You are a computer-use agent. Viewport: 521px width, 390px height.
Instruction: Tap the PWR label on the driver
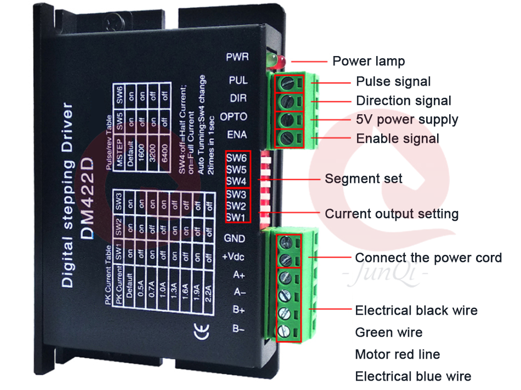pos(237,57)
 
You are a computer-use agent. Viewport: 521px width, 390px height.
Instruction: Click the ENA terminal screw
pos(286,137)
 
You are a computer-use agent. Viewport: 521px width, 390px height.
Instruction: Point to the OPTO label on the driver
pos(234,117)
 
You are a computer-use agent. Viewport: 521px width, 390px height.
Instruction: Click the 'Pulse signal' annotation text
pos(393,82)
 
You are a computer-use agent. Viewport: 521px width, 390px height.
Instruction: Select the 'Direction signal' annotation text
pos(404,101)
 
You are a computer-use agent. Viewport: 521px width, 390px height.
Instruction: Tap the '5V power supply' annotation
pos(407,120)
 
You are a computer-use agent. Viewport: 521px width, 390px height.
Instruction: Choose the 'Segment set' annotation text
pos(364,179)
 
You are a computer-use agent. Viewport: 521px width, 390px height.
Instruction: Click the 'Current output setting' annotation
pos(392,214)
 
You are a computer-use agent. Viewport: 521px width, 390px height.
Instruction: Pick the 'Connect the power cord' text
pos(428,258)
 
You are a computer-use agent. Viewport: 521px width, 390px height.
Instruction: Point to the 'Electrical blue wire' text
pos(413,376)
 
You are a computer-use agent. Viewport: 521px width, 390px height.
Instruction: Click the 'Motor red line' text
pos(398,354)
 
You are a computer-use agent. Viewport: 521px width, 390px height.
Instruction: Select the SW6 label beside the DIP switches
pos(236,158)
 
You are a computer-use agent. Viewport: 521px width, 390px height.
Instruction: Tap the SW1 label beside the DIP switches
pos(236,217)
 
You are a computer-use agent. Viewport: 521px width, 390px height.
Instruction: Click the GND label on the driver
pos(235,239)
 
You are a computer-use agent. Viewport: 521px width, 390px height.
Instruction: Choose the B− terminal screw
pos(285,331)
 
